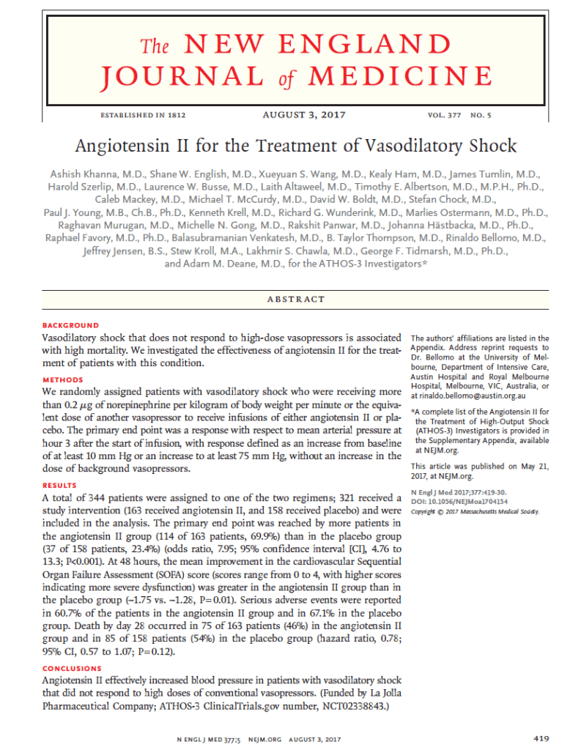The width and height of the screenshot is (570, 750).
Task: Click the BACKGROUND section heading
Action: click(70, 325)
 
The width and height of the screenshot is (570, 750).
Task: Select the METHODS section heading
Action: click(63, 380)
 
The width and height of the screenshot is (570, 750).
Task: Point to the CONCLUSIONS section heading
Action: click(72, 669)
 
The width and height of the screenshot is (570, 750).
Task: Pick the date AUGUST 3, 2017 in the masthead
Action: click(303, 115)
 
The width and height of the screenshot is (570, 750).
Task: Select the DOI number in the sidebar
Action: click(465, 502)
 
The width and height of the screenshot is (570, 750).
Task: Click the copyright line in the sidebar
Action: click(474, 511)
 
